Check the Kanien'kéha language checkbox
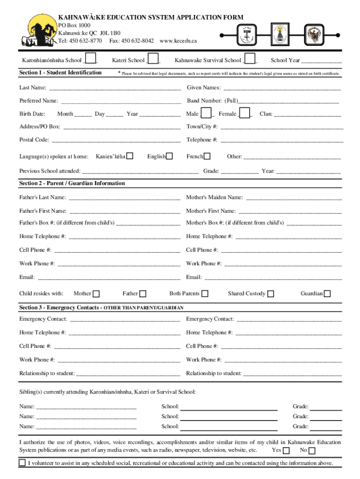click(130, 156)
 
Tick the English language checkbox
click(170, 156)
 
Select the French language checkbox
click(207, 156)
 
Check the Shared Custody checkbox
click(271, 294)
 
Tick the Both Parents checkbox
click(204, 294)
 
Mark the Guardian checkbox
click(327, 294)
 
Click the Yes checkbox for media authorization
click(287, 450)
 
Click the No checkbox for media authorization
click(312, 450)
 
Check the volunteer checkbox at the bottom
click(22, 463)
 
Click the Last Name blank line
click(115, 88)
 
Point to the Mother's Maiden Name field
click(294, 198)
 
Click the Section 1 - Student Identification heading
click(60, 73)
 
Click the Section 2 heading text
click(72, 183)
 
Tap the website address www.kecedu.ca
click(178, 41)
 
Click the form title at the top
click(151, 17)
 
